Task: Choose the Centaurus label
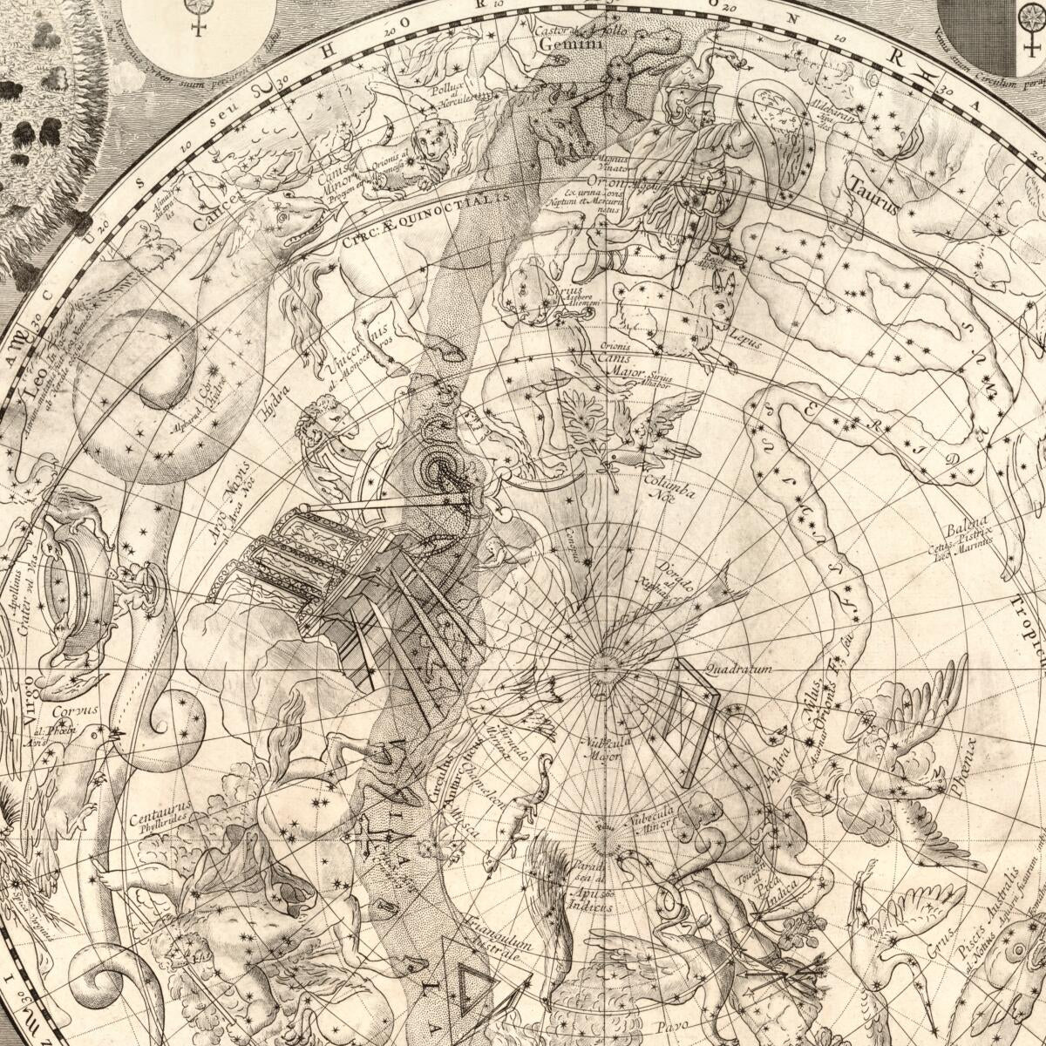[155, 818]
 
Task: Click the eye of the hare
[717, 289]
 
